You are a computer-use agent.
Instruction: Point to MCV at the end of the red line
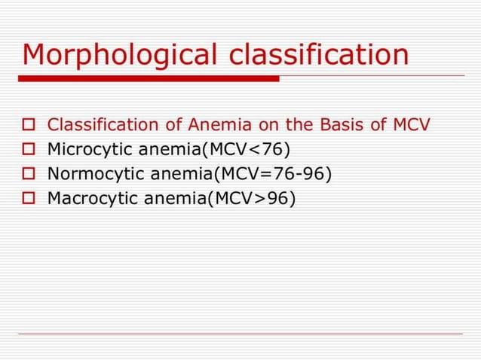(x=410, y=125)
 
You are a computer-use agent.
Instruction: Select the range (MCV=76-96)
(x=273, y=175)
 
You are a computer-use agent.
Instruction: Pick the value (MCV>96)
(x=255, y=200)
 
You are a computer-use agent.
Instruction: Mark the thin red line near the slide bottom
(x=240, y=334)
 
